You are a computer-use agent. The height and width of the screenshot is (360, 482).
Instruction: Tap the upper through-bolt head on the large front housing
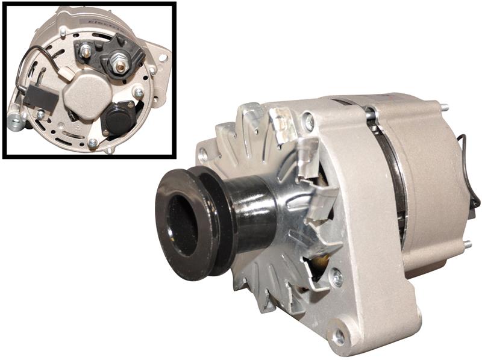pos(308,122)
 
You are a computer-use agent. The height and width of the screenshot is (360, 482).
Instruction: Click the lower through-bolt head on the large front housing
pos(337,278)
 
